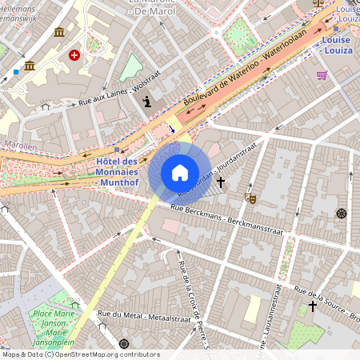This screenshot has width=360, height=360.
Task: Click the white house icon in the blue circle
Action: (x=180, y=172)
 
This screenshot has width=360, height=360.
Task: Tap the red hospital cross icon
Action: (x=74, y=55)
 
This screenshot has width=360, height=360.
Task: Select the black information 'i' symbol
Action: (x=147, y=101)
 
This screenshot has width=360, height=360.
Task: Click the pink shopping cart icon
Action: (x=322, y=75)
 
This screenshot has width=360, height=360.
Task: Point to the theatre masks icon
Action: (x=250, y=196)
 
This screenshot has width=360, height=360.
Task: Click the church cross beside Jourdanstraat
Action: (x=220, y=182)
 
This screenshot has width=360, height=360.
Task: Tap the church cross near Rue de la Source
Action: (x=313, y=306)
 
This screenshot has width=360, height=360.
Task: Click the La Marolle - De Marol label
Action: (x=151, y=7)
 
